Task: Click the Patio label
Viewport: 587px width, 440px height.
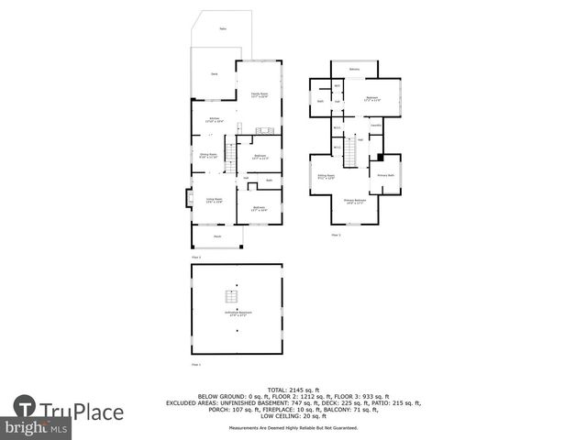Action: pyautogui.click(x=223, y=29)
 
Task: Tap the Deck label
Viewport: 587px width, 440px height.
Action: pyautogui.click(x=215, y=73)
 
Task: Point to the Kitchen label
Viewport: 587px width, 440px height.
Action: pyautogui.click(x=214, y=119)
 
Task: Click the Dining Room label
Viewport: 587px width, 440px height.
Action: pyautogui.click(x=208, y=155)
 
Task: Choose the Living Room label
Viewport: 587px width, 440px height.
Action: pyautogui.click(x=214, y=201)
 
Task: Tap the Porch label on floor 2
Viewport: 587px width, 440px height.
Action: pyautogui.click(x=217, y=236)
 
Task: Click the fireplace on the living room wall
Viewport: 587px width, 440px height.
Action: pyautogui.click(x=189, y=197)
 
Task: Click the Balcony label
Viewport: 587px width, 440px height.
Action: pyautogui.click(x=355, y=70)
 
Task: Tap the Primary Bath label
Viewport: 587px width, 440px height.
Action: pyautogui.click(x=383, y=175)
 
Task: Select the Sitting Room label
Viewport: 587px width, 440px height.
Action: pyautogui.click(x=326, y=176)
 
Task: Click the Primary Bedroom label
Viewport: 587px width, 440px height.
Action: pyautogui.click(x=355, y=201)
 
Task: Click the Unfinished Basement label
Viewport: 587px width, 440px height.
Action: pyautogui.click(x=238, y=313)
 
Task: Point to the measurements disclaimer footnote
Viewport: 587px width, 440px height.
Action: pyautogui.click(x=293, y=428)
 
